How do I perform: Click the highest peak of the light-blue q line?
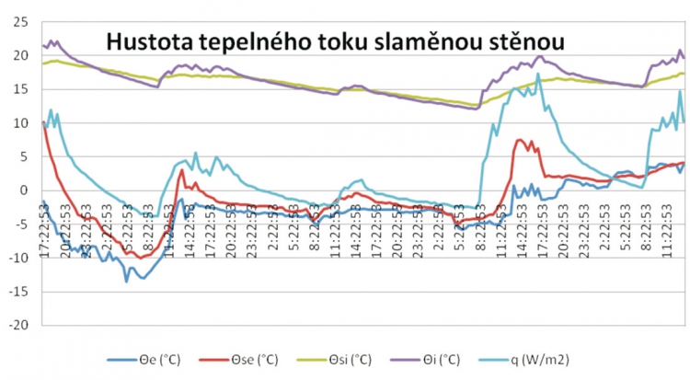(x=538, y=75)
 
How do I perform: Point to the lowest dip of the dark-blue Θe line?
(x=127, y=281)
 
